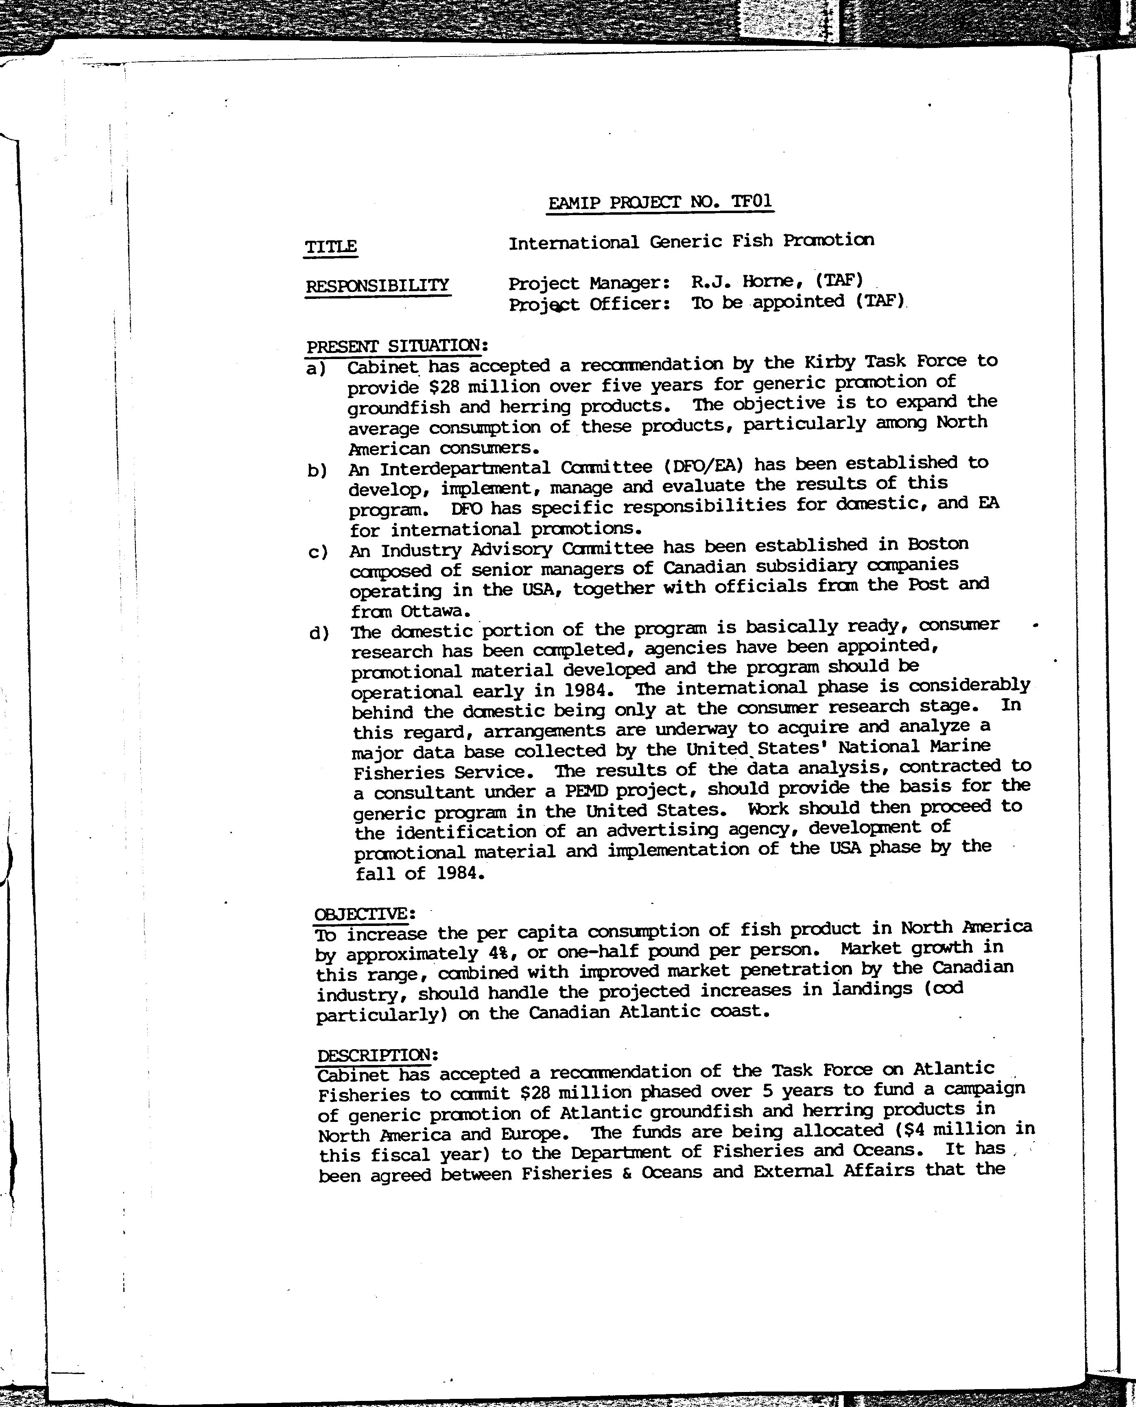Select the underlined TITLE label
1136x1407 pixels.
coord(331,246)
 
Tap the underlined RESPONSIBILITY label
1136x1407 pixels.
coord(378,286)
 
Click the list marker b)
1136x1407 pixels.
coord(317,470)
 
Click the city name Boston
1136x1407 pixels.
coord(938,544)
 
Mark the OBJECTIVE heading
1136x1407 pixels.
coord(365,913)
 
